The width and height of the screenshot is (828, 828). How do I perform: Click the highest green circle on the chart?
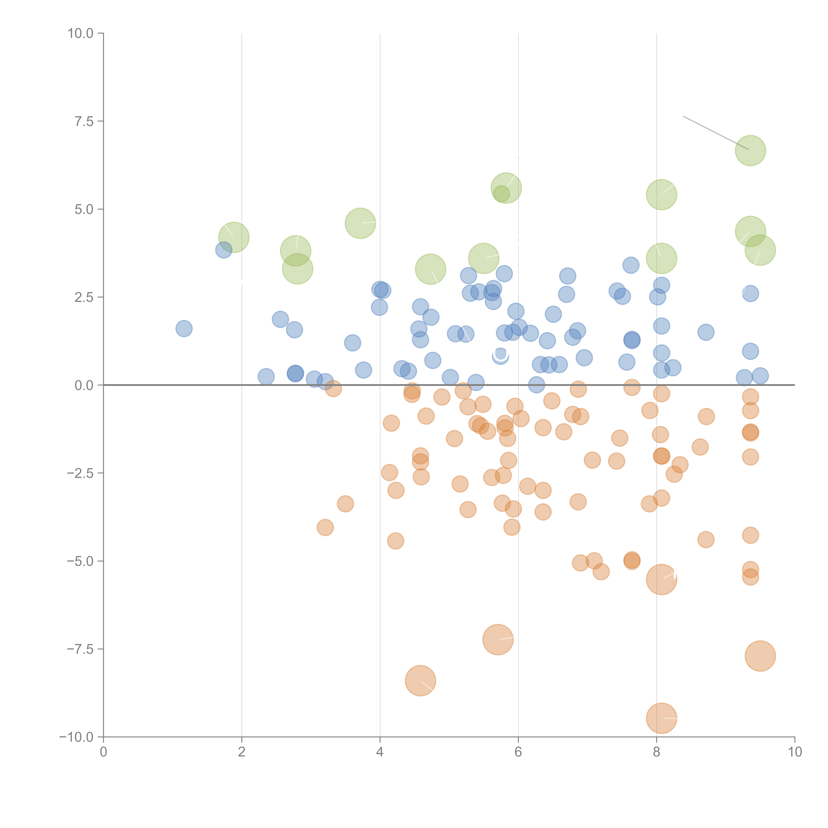(750, 150)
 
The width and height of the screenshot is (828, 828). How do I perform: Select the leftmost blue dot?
(184, 329)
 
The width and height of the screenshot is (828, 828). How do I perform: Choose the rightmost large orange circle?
(760, 656)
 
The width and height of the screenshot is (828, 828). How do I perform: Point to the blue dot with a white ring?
(500, 355)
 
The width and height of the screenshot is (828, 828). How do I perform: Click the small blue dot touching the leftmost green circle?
(223, 250)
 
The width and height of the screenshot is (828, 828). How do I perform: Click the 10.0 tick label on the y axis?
(81, 33)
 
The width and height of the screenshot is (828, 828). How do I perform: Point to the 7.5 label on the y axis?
(84, 121)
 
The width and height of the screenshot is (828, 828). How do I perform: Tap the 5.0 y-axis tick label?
(84, 209)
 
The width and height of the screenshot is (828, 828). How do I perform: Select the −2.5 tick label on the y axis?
(80, 473)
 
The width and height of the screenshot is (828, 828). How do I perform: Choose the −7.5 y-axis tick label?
(80, 649)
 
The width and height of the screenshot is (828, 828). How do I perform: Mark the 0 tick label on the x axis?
(103, 752)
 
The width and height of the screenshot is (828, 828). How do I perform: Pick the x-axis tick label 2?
(242, 752)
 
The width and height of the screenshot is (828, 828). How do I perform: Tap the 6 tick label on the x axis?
(518, 752)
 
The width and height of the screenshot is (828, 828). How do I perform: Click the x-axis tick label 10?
(795, 752)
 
